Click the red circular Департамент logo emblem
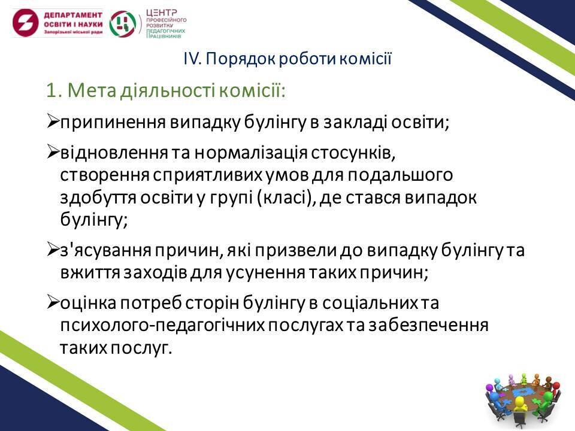tap(25, 23)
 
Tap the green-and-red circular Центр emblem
tap(123, 23)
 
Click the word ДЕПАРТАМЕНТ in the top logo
tap(73, 15)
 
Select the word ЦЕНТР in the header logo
tap(161, 13)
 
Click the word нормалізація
tap(250, 154)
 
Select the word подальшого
tap(400, 175)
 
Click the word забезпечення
tap(428, 326)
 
